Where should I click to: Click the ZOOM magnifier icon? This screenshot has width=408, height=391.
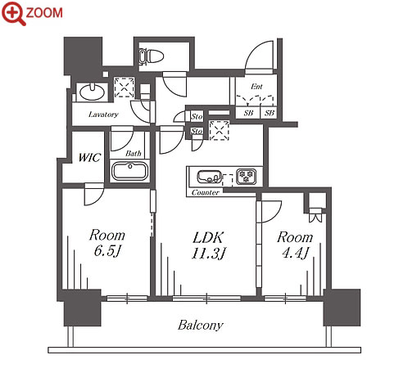pos(13,13)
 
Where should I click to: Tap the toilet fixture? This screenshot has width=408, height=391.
pos(151,56)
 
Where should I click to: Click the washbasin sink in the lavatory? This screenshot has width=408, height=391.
pos(92,92)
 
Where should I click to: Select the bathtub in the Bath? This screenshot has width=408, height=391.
pos(129,171)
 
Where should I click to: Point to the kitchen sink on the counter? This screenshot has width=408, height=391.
pos(209,177)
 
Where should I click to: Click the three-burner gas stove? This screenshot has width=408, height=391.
pos(247,176)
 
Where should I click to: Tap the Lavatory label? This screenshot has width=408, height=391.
pos(103,115)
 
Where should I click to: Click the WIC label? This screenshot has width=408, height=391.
pos(89,158)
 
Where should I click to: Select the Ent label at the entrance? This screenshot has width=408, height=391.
pos(256,87)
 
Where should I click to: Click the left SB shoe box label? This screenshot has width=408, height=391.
pos(248,113)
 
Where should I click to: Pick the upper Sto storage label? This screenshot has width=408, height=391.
pos(197,117)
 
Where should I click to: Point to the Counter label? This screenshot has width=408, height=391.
pos(205,192)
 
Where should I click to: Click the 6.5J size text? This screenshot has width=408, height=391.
pos(107,251)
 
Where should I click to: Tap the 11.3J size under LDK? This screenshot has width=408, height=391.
pos(208,254)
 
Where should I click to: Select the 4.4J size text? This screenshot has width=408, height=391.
pos(295,253)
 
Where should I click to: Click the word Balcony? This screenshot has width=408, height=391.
pos(201,326)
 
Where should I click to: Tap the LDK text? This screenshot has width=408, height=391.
pos(208,237)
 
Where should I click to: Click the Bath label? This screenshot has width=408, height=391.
pos(134,154)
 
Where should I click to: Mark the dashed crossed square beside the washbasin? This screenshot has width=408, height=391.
pos(125,88)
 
